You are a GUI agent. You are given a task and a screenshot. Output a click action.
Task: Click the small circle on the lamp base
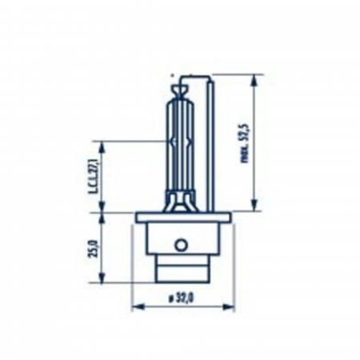pyautogui.click(x=182, y=244)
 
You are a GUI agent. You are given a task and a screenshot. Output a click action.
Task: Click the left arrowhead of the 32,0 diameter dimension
pyautogui.click(x=134, y=305)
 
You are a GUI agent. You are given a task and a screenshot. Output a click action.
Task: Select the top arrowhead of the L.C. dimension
pyautogui.click(x=102, y=146)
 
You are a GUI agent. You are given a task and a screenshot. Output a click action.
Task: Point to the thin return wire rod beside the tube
pyautogui.click(x=210, y=144)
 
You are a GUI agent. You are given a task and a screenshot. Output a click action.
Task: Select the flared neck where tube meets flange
pyautogui.click(x=182, y=200)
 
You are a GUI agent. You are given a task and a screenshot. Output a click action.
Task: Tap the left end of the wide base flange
pyautogui.click(x=139, y=217)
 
